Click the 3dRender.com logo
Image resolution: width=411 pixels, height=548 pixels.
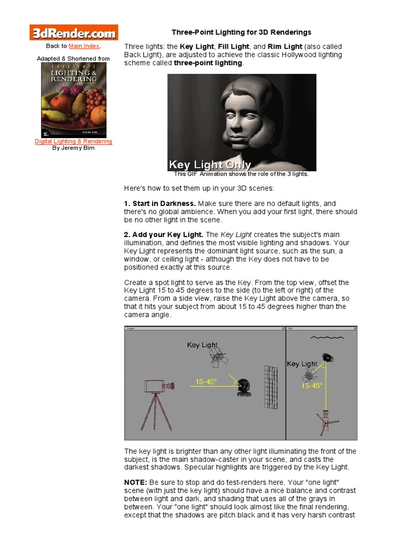pyautogui.click(x=73, y=33)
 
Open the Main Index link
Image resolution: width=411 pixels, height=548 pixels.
pyautogui.click(x=84, y=47)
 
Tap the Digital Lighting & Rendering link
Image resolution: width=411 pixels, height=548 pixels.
pyautogui.click(x=73, y=141)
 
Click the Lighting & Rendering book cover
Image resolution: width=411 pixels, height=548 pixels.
pyautogui.click(x=74, y=100)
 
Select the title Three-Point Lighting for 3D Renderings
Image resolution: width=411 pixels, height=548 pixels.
pyautogui.click(x=241, y=33)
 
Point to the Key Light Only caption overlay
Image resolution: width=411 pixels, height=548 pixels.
pyautogui.click(x=209, y=165)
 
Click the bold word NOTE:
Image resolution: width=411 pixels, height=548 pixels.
pyautogui.click(x=136, y=483)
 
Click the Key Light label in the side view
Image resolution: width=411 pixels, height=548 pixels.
pyautogui.click(x=202, y=345)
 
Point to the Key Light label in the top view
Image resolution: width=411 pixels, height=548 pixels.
pyautogui.click(x=302, y=364)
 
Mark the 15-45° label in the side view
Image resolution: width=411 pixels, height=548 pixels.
pyautogui.click(x=207, y=382)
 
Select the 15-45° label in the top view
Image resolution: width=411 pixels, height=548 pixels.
pyautogui.click(x=312, y=385)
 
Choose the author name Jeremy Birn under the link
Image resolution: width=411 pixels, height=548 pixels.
pyautogui.click(x=73, y=148)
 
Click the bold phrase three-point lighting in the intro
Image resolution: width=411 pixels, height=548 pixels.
pyautogui.click(x=208, y=63)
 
